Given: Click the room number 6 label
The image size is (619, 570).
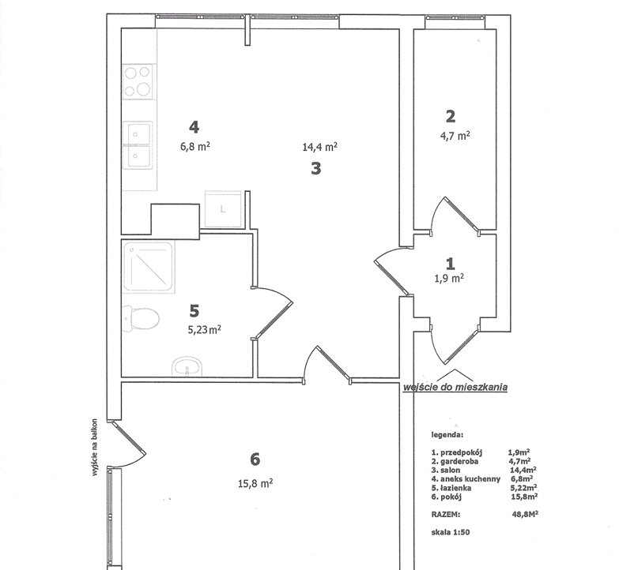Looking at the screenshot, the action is click(x=255, y=459).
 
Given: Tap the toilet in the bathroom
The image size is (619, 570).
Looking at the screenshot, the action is click(x=141, y=318).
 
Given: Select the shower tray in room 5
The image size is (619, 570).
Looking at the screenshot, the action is click(x=148, y=268).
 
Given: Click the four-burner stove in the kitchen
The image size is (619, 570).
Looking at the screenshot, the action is click(x=138, y=81).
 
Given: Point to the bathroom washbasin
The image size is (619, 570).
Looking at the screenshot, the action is click(x=187, y=366).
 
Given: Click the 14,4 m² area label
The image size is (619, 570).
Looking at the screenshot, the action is click(x=319, y=147).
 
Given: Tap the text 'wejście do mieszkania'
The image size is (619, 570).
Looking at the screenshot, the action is click(x=455, y=387).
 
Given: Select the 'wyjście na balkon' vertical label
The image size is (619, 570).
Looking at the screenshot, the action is click(x=94, y=447).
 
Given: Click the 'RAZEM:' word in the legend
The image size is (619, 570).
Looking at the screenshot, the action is click(x=446, y=515).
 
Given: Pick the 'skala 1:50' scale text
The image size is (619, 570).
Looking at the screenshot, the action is click(x=451, y=532).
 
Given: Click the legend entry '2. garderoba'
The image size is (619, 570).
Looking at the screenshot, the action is click(x=455, y=461).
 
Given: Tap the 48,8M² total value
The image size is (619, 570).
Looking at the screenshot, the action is click(x=525, y=514).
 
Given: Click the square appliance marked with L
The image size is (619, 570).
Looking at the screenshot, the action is click(x=223, y=209).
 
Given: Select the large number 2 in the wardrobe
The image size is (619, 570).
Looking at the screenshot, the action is click(x=451, y=116).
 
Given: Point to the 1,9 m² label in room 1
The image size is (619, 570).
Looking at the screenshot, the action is click(x=449, y=279).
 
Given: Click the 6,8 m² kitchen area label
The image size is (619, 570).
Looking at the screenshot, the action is click(x=195, y=147).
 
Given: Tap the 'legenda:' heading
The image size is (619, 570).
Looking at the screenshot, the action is click(x=447, y=435).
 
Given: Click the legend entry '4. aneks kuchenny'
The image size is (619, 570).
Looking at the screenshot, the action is click(x=466, y=479).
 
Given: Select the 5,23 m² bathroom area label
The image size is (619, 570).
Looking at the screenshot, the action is click(x=204, y=329).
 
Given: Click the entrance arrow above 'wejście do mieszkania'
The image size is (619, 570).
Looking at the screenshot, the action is click(x=455, y=374).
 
